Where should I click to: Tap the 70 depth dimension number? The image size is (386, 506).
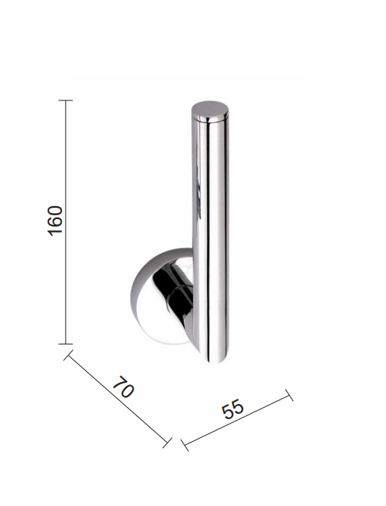123,386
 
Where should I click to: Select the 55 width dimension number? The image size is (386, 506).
233,409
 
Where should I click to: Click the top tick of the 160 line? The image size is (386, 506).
66,100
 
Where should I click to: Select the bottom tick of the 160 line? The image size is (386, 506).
66,344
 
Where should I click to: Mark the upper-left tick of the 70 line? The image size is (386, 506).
68,355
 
